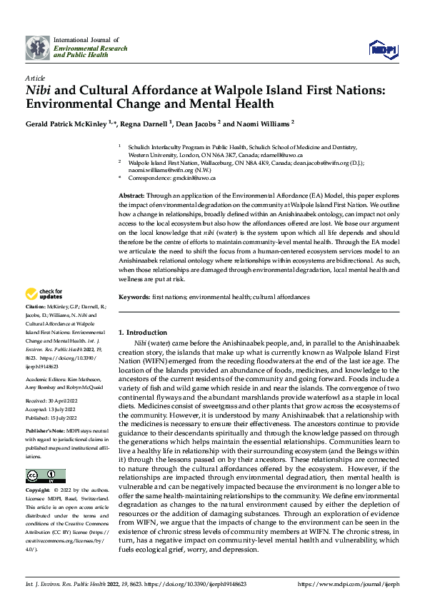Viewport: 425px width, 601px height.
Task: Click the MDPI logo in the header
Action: coord(382,47)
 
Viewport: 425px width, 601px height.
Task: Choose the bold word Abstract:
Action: coord(131,195)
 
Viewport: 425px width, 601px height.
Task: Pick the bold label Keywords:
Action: coord(134,296)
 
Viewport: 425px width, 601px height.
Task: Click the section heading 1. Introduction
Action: coord(143,333)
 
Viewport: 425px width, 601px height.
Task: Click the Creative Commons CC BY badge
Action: coord(45,476)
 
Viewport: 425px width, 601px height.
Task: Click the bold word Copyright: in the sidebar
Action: coord(38,491)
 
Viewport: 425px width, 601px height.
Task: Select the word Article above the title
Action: coord(34,77)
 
